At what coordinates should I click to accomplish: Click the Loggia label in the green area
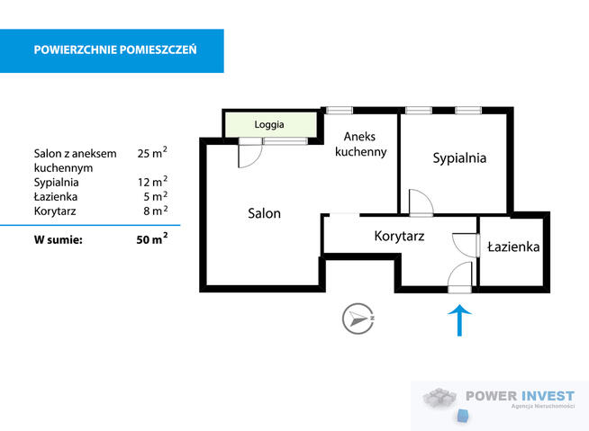(269, 125)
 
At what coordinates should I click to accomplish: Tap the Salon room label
(264, 213)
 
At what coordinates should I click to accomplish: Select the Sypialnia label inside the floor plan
(459, 158)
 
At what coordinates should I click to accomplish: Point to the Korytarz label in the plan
(399, 236)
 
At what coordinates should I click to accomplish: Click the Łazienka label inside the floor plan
(513, 247)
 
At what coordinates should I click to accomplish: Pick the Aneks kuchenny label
(360, 144)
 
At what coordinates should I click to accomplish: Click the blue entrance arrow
(459, 320)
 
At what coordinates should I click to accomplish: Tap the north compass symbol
(358, 319)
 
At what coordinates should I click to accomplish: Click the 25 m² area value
(152, 153)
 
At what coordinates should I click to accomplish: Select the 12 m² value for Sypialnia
(152, 182)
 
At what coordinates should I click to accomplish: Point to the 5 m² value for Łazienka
(155, 196)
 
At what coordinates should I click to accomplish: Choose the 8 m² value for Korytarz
(155, 211)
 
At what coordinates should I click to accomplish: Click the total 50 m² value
(152, 238)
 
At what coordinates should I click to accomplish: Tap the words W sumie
(59, 239)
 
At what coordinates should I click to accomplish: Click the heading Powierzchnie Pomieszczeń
(115, 49)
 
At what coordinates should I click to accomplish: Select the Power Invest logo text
(521, 396)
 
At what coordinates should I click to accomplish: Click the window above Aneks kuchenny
(340, 111)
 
